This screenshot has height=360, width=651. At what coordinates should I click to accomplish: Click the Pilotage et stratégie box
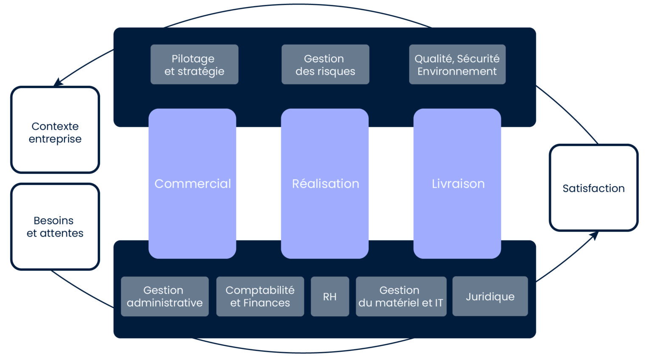pos(194,64)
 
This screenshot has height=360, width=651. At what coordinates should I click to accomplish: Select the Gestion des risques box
pos(325,64)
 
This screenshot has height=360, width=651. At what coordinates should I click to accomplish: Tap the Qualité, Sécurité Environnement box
pos(457,64)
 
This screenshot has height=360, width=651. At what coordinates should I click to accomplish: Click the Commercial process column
pos(192,183)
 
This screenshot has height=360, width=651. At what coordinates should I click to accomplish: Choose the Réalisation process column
pos(325,183)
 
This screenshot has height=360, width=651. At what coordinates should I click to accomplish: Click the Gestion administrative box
pos(164,296)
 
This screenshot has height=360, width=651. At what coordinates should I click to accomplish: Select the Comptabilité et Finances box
pos(260,296)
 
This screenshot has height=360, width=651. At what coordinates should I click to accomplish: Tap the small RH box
pos(330,296)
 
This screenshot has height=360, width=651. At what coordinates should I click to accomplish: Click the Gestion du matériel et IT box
pos(401,296)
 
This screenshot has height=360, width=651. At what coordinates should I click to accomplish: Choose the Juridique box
pos(490,296)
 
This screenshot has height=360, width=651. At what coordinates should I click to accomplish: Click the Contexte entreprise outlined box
pos(55,130)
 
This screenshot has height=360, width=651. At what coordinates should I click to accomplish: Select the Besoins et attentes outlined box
pos(55,227)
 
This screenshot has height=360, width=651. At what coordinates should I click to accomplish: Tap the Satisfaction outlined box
pos(593,188)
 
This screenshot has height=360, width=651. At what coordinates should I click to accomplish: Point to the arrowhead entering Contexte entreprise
pos(58,83)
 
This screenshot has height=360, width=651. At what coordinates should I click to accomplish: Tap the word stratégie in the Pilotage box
pos(201,71)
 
